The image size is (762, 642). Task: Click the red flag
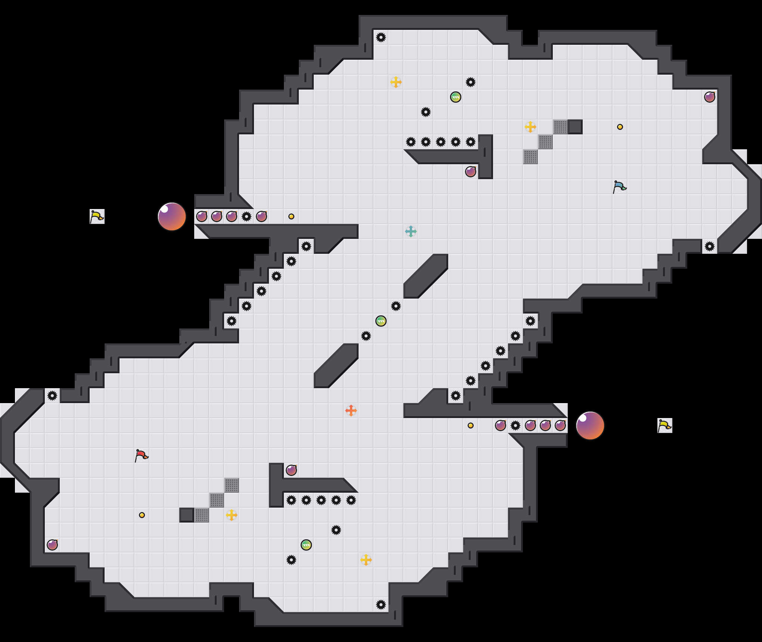click(x=141, y=455)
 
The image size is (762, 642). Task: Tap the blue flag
click(x=619, y=187)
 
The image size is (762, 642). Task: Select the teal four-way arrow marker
click(x=411, y=231)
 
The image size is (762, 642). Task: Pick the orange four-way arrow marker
click(x=351, y=411)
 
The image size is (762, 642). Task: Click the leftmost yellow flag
click(x=97, y=216)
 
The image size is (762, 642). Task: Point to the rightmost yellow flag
click(x=665, y=426)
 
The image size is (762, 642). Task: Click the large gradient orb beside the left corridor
click(x=172, y=216)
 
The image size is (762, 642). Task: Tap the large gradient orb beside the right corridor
click(x=590, y=426)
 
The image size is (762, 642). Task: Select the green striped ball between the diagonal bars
click(x=381, y=321)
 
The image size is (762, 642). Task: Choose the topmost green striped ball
click(x=456, y=97)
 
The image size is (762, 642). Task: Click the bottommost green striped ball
click(x=306, y=545)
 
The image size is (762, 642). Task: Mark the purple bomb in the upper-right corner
click(x=710, y=97)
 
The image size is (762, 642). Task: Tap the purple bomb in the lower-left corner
click(x=52, y=545)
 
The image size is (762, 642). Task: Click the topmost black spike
click(x=381, y=37)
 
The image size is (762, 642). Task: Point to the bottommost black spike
click(x=381, y=605)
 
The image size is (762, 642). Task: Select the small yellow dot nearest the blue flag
click(x=620, y=127)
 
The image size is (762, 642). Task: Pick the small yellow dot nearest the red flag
click(x=142, y=515)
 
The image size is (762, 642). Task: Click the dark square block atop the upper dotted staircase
click(x=575, y=127)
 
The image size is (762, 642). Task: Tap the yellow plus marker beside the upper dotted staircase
click(x=530, y=127)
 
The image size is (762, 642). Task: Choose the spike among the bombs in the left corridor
click(x=247, y=216)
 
